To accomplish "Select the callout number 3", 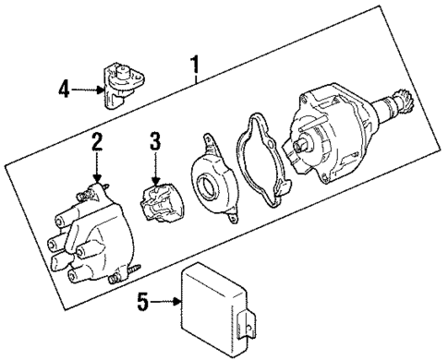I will [156, 142].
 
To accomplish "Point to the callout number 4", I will [64, 90].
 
